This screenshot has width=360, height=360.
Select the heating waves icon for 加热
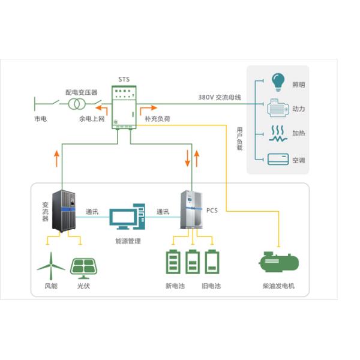coord(277,133)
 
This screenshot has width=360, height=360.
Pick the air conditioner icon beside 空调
coord(277,160)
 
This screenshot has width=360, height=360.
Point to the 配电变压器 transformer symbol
coord(76,104)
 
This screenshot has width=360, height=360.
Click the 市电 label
coord(41,119)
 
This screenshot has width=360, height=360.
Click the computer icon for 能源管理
coord(127,217)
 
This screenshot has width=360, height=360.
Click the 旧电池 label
coord(211,286)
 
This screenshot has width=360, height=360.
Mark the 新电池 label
coord(175,286)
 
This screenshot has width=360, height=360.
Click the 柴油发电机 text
coord(279,286)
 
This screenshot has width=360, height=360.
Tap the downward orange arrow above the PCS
coord(187,158)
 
